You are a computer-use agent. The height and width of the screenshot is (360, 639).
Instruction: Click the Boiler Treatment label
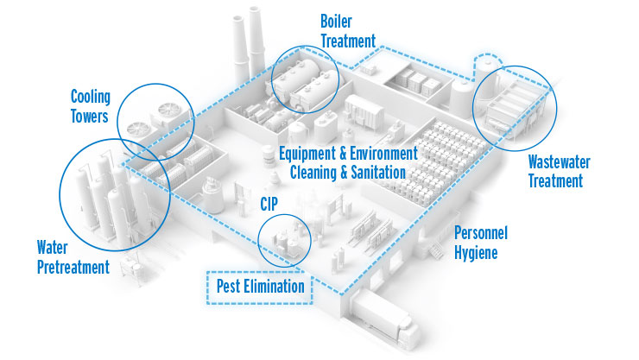point(348,30)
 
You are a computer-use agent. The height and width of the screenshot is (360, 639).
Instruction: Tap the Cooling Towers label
point(91,106)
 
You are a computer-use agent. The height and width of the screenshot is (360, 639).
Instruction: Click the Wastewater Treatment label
point(555,172)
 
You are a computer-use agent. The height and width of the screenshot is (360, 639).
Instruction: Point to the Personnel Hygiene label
point(482,243)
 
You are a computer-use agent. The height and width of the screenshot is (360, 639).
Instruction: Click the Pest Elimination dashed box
point(257,285)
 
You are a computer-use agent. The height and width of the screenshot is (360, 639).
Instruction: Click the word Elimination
point(275,286)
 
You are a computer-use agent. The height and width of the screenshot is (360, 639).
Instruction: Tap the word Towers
point(90,116)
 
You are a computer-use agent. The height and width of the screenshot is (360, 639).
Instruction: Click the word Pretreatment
point(73,268)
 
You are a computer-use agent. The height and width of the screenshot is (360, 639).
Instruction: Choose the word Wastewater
point(555,162)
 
